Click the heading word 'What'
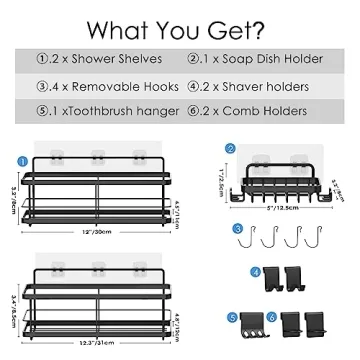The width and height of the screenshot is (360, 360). coord(122,24)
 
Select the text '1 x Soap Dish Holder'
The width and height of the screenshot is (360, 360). coord(263,59)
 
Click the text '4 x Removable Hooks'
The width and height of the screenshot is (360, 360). coord(96,85)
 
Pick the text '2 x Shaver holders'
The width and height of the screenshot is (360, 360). coord(258,85)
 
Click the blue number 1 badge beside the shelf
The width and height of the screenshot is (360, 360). coord(22,157)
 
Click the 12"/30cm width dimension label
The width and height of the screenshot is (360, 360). coord(96,231)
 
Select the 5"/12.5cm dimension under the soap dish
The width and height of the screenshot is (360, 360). coord(282,211)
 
